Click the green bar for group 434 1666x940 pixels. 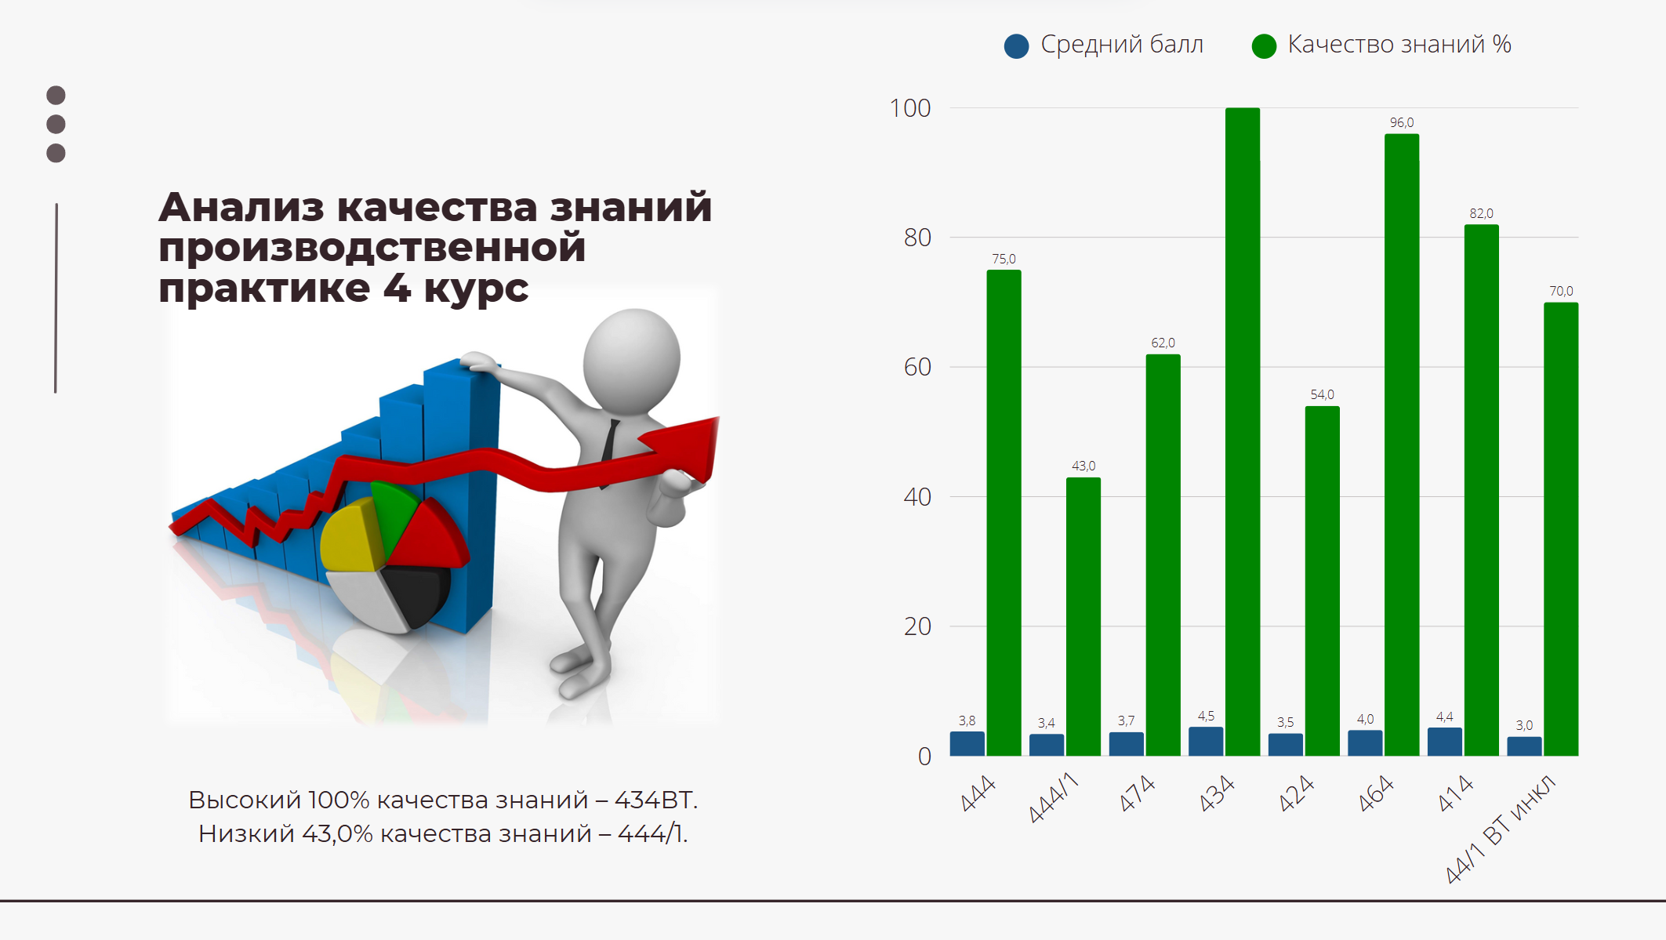[1243, 431]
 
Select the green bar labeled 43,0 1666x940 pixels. [1083, 616]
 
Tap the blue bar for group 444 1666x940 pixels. [967, 743]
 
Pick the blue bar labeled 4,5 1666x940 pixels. [1206, 741]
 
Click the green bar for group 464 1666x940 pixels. [1402, 445]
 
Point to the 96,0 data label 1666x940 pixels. [1402, 122]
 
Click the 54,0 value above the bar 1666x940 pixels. [1322, 394]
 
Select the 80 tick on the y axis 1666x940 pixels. [917, 238]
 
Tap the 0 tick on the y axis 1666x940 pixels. [925, 757]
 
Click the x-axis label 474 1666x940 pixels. [1138, 793]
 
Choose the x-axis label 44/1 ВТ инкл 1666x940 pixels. [1500, 829]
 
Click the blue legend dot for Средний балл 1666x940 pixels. [1017, 46]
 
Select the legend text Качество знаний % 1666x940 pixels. [1399, 45]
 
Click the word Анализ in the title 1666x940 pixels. [241, 208]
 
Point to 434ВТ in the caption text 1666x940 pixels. [655, 800]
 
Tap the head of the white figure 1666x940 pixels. [632, 361]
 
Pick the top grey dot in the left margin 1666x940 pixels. [56, 96]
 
